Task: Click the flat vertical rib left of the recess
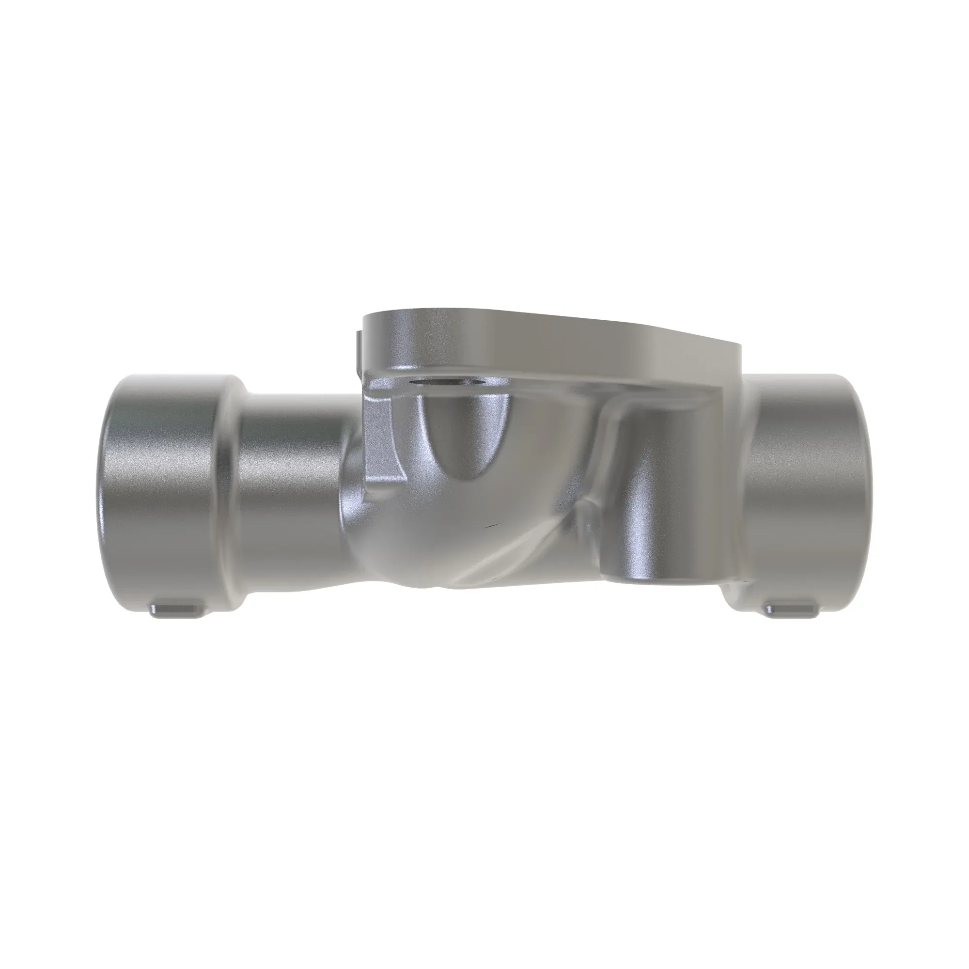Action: coord(384,441)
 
